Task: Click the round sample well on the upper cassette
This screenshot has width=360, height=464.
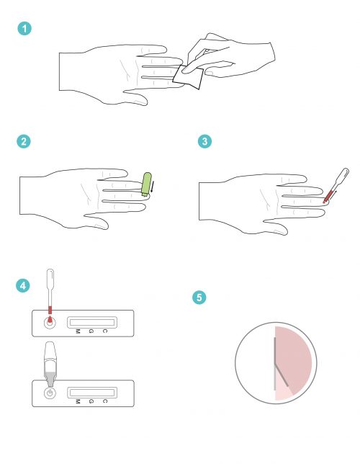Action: point(49,323)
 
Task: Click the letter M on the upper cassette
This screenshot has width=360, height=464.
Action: point(77,331)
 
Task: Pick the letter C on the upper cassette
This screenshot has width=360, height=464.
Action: point(104,331)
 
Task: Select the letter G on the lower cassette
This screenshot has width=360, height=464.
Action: point(91,401)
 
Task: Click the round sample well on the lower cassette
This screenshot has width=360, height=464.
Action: point(49,393)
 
